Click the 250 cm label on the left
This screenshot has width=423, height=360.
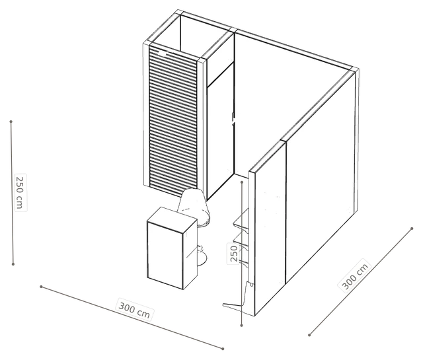pos(20,192)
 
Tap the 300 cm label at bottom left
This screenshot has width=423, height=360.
pos(134,310)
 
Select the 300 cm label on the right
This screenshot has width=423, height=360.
pos(355,276)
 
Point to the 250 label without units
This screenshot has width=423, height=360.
pos(234,253)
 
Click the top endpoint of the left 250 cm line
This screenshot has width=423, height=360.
pos(11,122)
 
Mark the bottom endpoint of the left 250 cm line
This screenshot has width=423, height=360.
pos(13,264)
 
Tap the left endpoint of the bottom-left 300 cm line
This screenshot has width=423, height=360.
pos(41,287)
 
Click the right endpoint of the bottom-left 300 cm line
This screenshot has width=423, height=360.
pos(223,349)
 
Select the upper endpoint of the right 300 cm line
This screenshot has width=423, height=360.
pos(412,229)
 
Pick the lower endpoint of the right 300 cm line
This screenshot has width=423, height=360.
pos(309,335)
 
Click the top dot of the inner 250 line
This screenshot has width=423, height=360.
pos(242,182)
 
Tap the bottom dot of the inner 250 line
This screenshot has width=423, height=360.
pos(241,326)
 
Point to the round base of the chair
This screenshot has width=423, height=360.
pos(202,258)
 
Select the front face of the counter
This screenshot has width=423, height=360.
pos(165,256)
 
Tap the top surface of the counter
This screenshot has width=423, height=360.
pos(172,218)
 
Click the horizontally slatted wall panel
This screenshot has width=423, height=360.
pos(173,120)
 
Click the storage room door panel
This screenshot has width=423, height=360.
pos(220,130)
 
